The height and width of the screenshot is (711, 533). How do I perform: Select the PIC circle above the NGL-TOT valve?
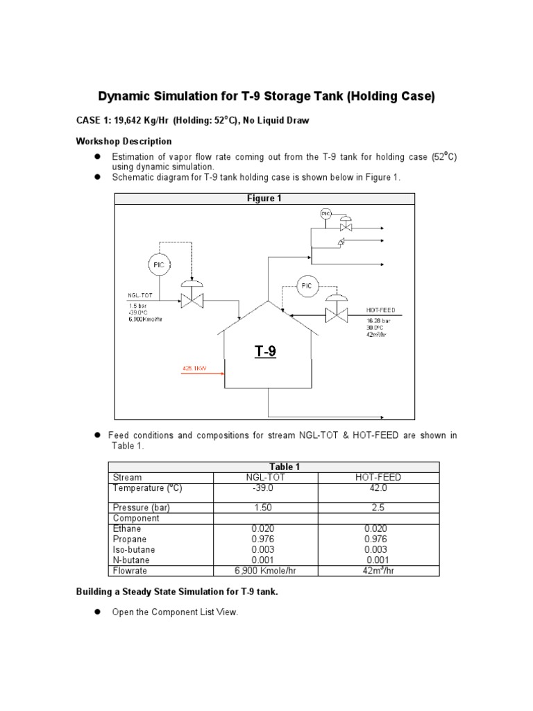pyautogui.click(x=159, y=264)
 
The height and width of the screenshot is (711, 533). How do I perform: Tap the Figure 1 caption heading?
pyautogui.click(x=264, y=199)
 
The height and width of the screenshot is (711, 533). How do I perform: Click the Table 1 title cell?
pyautogui.click(x=273, y=467)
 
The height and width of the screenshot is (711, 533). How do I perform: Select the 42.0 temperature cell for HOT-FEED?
pyautogui.click(x=378, y=487)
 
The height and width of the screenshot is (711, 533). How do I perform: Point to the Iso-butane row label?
pyautogui.click(x=132, y=549)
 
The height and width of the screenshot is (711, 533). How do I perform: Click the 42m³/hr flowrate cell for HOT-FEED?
pyautogui.click(x=378, y=571)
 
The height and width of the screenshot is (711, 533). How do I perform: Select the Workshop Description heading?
pyautogui.click(x=124, y=141)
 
